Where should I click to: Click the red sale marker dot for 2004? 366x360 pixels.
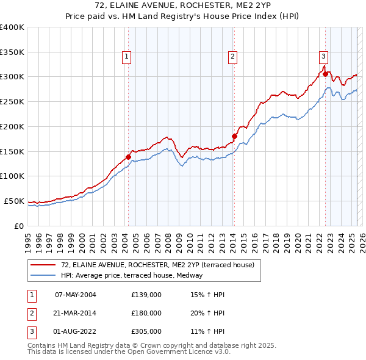[129, 157]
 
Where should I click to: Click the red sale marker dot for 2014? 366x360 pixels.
[234, 136]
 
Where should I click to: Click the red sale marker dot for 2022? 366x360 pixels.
[325, 74]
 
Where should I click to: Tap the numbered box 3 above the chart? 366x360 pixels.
[323, 57]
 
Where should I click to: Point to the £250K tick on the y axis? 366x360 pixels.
[12, 101]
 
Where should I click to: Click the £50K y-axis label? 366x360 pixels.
[14, 201]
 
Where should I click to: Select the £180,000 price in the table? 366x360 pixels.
[146, 313]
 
